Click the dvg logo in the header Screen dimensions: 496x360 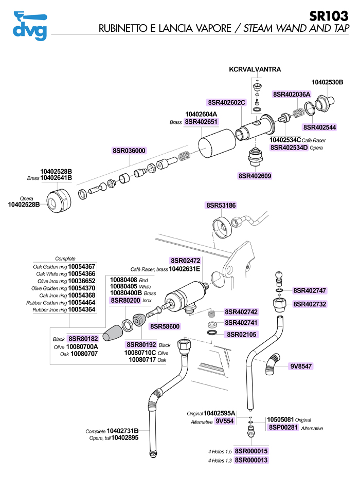click(29, 26)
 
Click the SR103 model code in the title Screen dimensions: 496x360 click(329, 15)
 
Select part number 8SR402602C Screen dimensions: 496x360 click(227, 102)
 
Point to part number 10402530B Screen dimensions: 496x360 click(328, 82)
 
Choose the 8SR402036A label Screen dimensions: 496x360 click(292, 94)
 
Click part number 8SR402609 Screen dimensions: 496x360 click(255, 176)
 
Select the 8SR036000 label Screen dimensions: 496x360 click(129, 151)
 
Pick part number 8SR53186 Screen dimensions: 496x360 click(221, 205)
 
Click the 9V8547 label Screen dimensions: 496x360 click(301, 366)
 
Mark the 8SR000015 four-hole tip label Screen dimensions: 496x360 click(251, 451)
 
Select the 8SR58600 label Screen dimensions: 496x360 click(165, 326)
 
